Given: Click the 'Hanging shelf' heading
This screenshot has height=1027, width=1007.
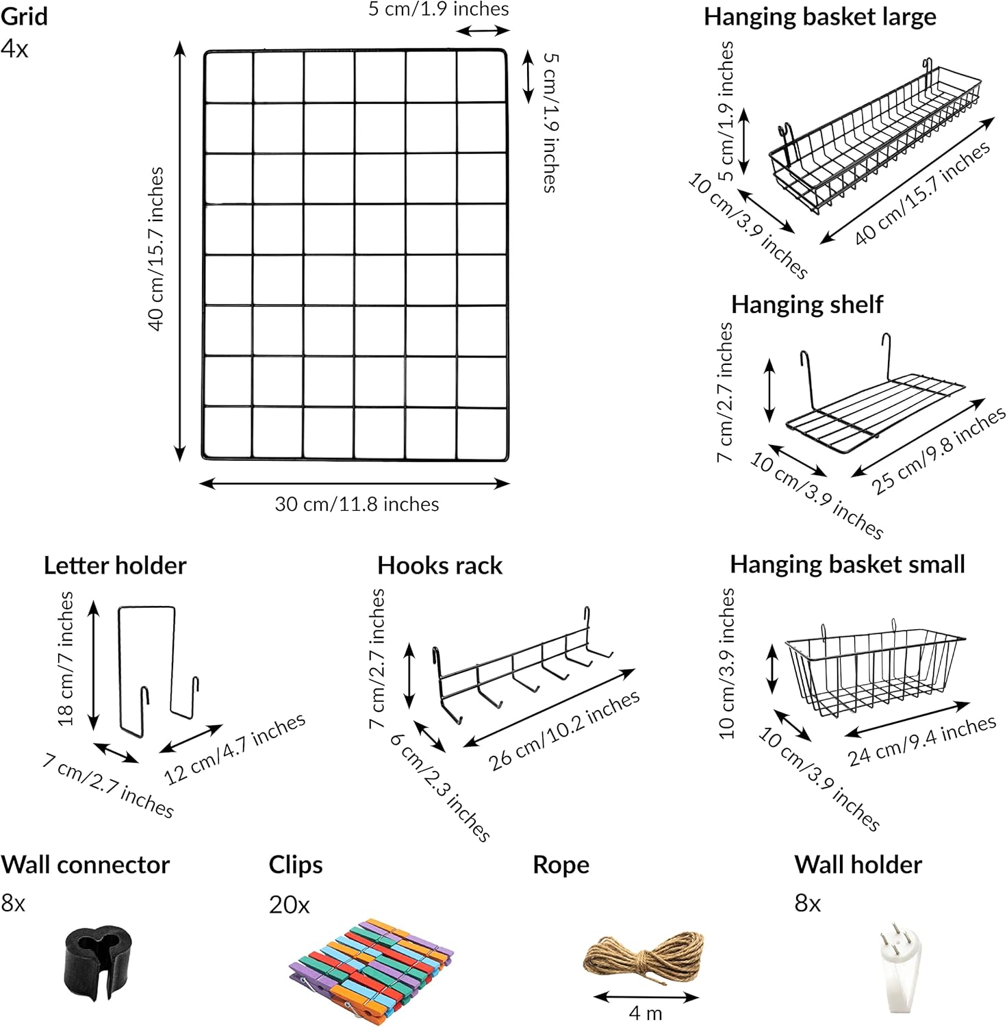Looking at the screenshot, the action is coord(807,304).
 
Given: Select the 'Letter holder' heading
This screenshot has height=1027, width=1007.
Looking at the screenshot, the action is coord(115,566).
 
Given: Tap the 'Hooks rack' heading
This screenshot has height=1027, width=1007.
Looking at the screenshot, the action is coord(439,566).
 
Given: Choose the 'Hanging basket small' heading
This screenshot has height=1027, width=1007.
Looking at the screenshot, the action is coord(847,564).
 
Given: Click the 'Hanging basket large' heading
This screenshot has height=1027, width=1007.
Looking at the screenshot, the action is coord(820,17).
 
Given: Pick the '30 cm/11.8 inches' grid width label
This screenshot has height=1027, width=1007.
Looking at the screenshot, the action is coord(357,505).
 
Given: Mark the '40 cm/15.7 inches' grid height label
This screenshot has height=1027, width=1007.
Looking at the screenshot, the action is coord(157,249).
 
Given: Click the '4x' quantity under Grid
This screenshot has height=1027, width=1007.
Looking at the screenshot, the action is coord(14,49).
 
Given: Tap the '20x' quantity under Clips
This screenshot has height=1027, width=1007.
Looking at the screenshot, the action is coord(289,905).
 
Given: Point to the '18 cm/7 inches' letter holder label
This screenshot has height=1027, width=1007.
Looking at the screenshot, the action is coord(65,658).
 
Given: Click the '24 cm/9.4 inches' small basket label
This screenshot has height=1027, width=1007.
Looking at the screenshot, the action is coord(923,741).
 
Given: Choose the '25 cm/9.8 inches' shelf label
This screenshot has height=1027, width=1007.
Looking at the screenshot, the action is coord(939,450).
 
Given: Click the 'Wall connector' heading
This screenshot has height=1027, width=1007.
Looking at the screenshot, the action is coord(85,865).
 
